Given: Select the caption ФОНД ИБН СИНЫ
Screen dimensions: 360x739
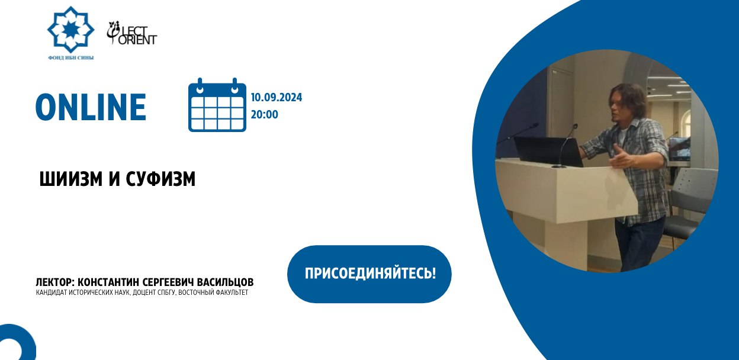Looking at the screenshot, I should pyautogui.click(x=70, y=57).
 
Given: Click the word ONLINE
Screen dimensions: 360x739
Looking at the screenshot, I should pyautogui.click(x=91, y=108).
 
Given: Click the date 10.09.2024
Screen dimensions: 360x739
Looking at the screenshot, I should pyautogui.click(x=277, y=98).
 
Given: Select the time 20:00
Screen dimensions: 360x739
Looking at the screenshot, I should pyautogui.click(x=264, y=114).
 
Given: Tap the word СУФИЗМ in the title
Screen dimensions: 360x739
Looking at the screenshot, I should pyautogui.click(x=160, y=179).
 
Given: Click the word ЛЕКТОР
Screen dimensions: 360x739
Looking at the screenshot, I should pyautogui.click(x=55, y=282).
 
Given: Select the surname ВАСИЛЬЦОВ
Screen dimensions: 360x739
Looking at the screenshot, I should pyautogui.click(x=224, y=282).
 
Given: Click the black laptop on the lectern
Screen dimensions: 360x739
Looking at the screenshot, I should pyautogui.click(x=548, y=152).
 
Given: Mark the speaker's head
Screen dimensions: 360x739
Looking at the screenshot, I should pyautogui.click(x=629, y=102).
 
